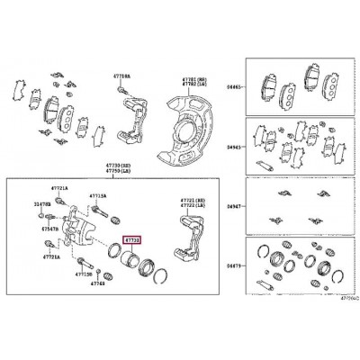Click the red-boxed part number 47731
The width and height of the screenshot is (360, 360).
[x=131, y=239]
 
